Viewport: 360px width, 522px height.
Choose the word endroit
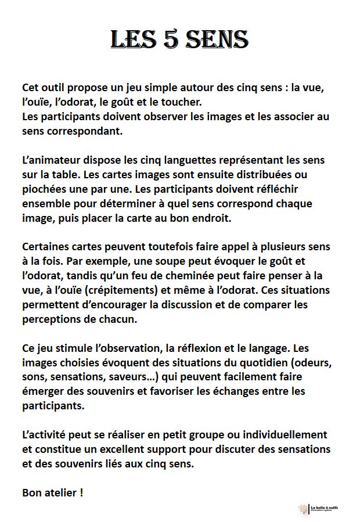193,218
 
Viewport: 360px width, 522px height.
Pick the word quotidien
257,363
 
